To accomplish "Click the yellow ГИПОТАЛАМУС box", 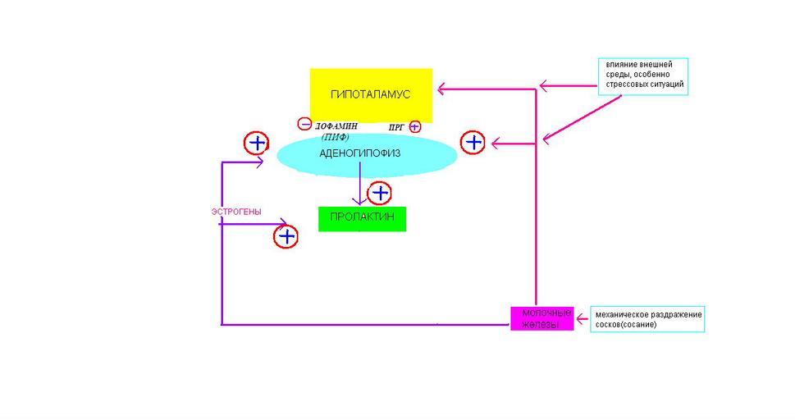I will point(371,95).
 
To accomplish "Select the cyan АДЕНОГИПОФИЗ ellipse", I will point(366,154).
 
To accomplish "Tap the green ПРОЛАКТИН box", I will point(362,218).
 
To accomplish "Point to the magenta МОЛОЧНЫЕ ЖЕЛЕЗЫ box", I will point(541,318).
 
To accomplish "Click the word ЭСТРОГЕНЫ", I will point(236,212).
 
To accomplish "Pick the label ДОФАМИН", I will point(336,126).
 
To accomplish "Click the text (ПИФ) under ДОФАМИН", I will point(335,137).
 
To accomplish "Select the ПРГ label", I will point(397,128).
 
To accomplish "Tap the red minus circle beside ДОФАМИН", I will point(304,125).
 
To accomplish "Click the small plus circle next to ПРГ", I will point(414,126).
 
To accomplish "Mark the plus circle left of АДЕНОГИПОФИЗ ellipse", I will point(257,144).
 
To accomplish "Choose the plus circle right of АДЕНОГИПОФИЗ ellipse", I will point(473,143).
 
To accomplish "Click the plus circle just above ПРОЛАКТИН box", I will point(379,194).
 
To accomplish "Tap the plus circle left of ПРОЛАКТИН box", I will point(286,237).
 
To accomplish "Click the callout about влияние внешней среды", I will point(643,76).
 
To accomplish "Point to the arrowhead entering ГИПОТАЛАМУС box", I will point(441,87).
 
